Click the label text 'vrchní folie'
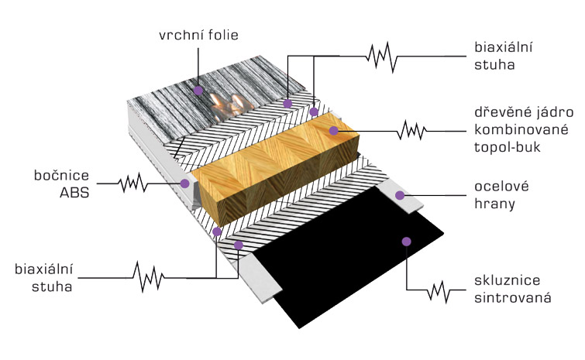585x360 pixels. tap(198, 35)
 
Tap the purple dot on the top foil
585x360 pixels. tap(198, 91)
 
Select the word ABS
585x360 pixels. tap(74, 193)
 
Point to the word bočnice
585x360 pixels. tap(61, 175)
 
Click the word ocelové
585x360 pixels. tap(501, 187)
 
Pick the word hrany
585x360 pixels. tap(494, 204)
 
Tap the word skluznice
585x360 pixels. tap(507, 280)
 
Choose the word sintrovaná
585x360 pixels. tap(513, 298)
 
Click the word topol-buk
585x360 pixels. tap(508, 147)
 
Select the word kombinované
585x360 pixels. tap(521, 130)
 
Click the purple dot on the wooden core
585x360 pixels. tap(333, 130)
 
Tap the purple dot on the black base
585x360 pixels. tap(407, 242)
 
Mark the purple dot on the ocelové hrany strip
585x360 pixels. tap(400, 195)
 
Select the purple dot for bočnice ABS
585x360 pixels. tap(184, 183)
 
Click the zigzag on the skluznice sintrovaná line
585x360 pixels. tap(439, 291)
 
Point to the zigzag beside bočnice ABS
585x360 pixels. tap(132, 183)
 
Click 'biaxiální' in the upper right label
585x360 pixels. tap(504, 47)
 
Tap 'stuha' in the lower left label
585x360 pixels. tap(52, 286)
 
